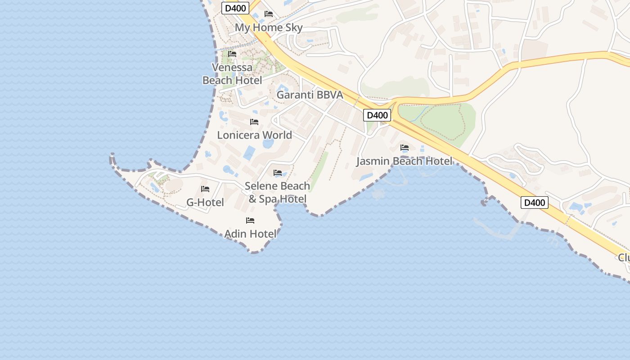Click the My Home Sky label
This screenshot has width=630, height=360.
[x=269, y=27]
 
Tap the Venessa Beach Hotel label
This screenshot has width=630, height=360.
[x=232, y=74]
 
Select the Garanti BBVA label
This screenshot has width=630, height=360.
[x=310, y=95]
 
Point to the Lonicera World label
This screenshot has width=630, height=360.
[x=254, y=135]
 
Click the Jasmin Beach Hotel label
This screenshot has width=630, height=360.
[x=405, y=161]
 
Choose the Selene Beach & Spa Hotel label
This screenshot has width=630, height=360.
[x=278, y=192]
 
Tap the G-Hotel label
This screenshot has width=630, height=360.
[x=205, y=202]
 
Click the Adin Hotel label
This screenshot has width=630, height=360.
[x=250, y=234]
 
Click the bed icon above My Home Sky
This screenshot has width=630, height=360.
[x=269, y=14]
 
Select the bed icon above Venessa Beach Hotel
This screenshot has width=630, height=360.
[x=232, y=54]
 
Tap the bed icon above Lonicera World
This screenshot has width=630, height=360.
[x=254, y=121]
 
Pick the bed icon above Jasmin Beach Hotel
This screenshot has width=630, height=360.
[x=405, y=148]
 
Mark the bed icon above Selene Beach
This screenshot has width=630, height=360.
[x=278, y=173]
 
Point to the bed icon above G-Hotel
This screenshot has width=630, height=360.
[x=205, y=189]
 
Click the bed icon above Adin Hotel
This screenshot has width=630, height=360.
[x=250, y=220]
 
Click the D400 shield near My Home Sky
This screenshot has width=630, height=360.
[x=235, y=8]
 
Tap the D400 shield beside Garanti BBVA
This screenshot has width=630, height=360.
[x=377, y=115]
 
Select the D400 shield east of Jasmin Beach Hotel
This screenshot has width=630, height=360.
[x=535, y=202]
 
